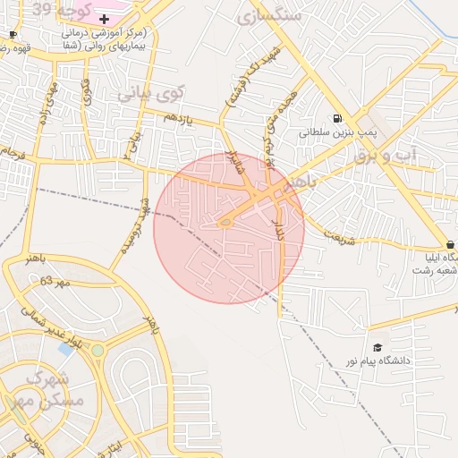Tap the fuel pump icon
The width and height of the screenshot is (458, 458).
(x=336, y=118)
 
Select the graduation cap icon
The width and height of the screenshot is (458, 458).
(x=377, y=347)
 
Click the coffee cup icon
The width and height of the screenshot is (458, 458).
(x=13, y=34)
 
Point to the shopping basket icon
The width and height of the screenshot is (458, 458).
(x=450, y=244)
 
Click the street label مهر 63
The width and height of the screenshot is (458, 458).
(x=54, y=283)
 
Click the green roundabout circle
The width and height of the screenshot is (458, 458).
(x=98, y=351)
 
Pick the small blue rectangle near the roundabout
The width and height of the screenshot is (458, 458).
(x=65, y=348)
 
